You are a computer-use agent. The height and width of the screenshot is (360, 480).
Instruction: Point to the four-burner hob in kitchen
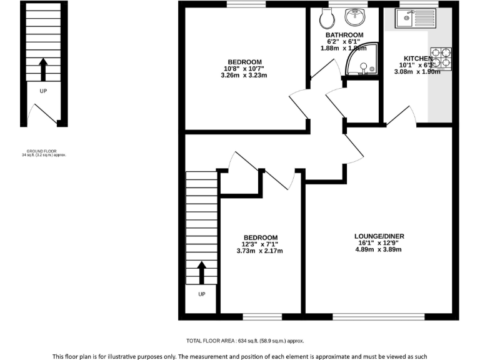click(441, 58)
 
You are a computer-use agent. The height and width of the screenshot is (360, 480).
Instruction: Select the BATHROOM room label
click(344, 35)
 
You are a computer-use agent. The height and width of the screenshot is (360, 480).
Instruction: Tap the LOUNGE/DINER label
click(379, 236)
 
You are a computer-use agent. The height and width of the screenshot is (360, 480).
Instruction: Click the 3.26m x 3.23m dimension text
click(244, 76)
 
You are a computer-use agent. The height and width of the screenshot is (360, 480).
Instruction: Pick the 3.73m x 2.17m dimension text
click(260, 251)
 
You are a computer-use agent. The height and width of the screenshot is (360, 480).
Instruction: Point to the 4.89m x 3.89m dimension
click(379, 250)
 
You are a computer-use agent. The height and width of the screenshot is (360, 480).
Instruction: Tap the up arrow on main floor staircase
click(201, 272)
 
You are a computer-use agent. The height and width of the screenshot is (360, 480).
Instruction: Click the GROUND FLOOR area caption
click(43, 152)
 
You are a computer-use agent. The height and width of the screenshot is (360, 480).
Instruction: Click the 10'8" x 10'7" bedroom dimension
click(244, 69)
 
